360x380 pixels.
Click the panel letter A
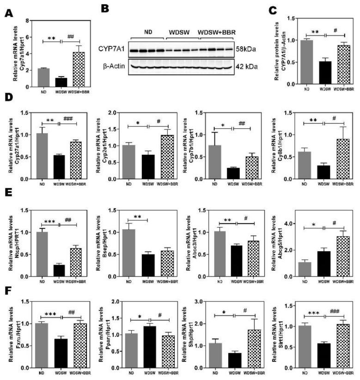tap(8, 13)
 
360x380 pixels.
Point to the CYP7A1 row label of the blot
tap(110, 48)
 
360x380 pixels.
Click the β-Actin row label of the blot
tap(111, 66)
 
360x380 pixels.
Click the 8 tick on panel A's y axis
tap(27, 21)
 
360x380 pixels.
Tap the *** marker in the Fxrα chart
tap(49, 314)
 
